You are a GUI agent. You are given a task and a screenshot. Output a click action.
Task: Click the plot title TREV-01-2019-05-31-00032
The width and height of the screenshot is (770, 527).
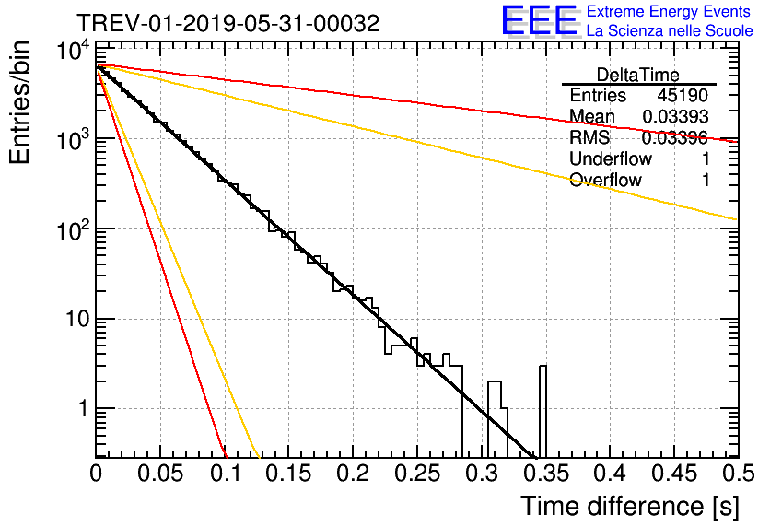tap(228, 23)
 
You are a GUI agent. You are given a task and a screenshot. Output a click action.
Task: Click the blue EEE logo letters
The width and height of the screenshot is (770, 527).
tap(539, 20)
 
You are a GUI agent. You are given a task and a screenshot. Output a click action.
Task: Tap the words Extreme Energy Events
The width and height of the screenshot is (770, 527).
tap(669, 11)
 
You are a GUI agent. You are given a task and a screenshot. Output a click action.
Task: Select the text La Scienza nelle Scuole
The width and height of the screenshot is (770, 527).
tap(670, 30)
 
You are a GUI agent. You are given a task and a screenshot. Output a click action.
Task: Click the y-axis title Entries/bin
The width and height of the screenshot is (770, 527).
tap(19, 102)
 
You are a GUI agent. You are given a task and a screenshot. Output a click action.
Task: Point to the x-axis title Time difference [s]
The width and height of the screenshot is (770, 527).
tap(630, 506)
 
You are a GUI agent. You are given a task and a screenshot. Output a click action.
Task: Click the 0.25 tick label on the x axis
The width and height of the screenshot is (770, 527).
tap(417, 474)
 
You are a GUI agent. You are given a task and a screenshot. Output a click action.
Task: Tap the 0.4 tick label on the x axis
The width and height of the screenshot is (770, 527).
tap(611, 474)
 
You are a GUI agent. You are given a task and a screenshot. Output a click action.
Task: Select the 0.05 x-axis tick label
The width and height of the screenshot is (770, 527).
tap(160, 474)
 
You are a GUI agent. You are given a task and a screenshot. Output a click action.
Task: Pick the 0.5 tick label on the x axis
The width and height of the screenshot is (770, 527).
tap(738, 474)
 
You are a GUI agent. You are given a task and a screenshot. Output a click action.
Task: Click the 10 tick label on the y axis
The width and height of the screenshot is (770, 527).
tap(77, 320)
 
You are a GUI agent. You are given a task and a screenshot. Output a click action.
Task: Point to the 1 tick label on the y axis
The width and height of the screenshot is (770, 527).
tap(85, 408)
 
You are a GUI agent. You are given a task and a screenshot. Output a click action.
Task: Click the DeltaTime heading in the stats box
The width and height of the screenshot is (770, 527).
tap(638, 75)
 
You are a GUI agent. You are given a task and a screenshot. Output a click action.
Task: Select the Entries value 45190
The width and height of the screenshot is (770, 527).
tap(682, 95)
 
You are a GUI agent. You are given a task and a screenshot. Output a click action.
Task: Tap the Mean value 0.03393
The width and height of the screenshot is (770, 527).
tap(675, 116)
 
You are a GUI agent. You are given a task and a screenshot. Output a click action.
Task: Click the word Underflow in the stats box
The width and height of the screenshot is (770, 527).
tap(611, 158)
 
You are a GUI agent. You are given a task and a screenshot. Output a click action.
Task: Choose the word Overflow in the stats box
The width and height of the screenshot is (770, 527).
tap(605, 180)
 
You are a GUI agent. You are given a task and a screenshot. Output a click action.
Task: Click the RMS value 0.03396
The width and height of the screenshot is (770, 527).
tap(675, 137)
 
